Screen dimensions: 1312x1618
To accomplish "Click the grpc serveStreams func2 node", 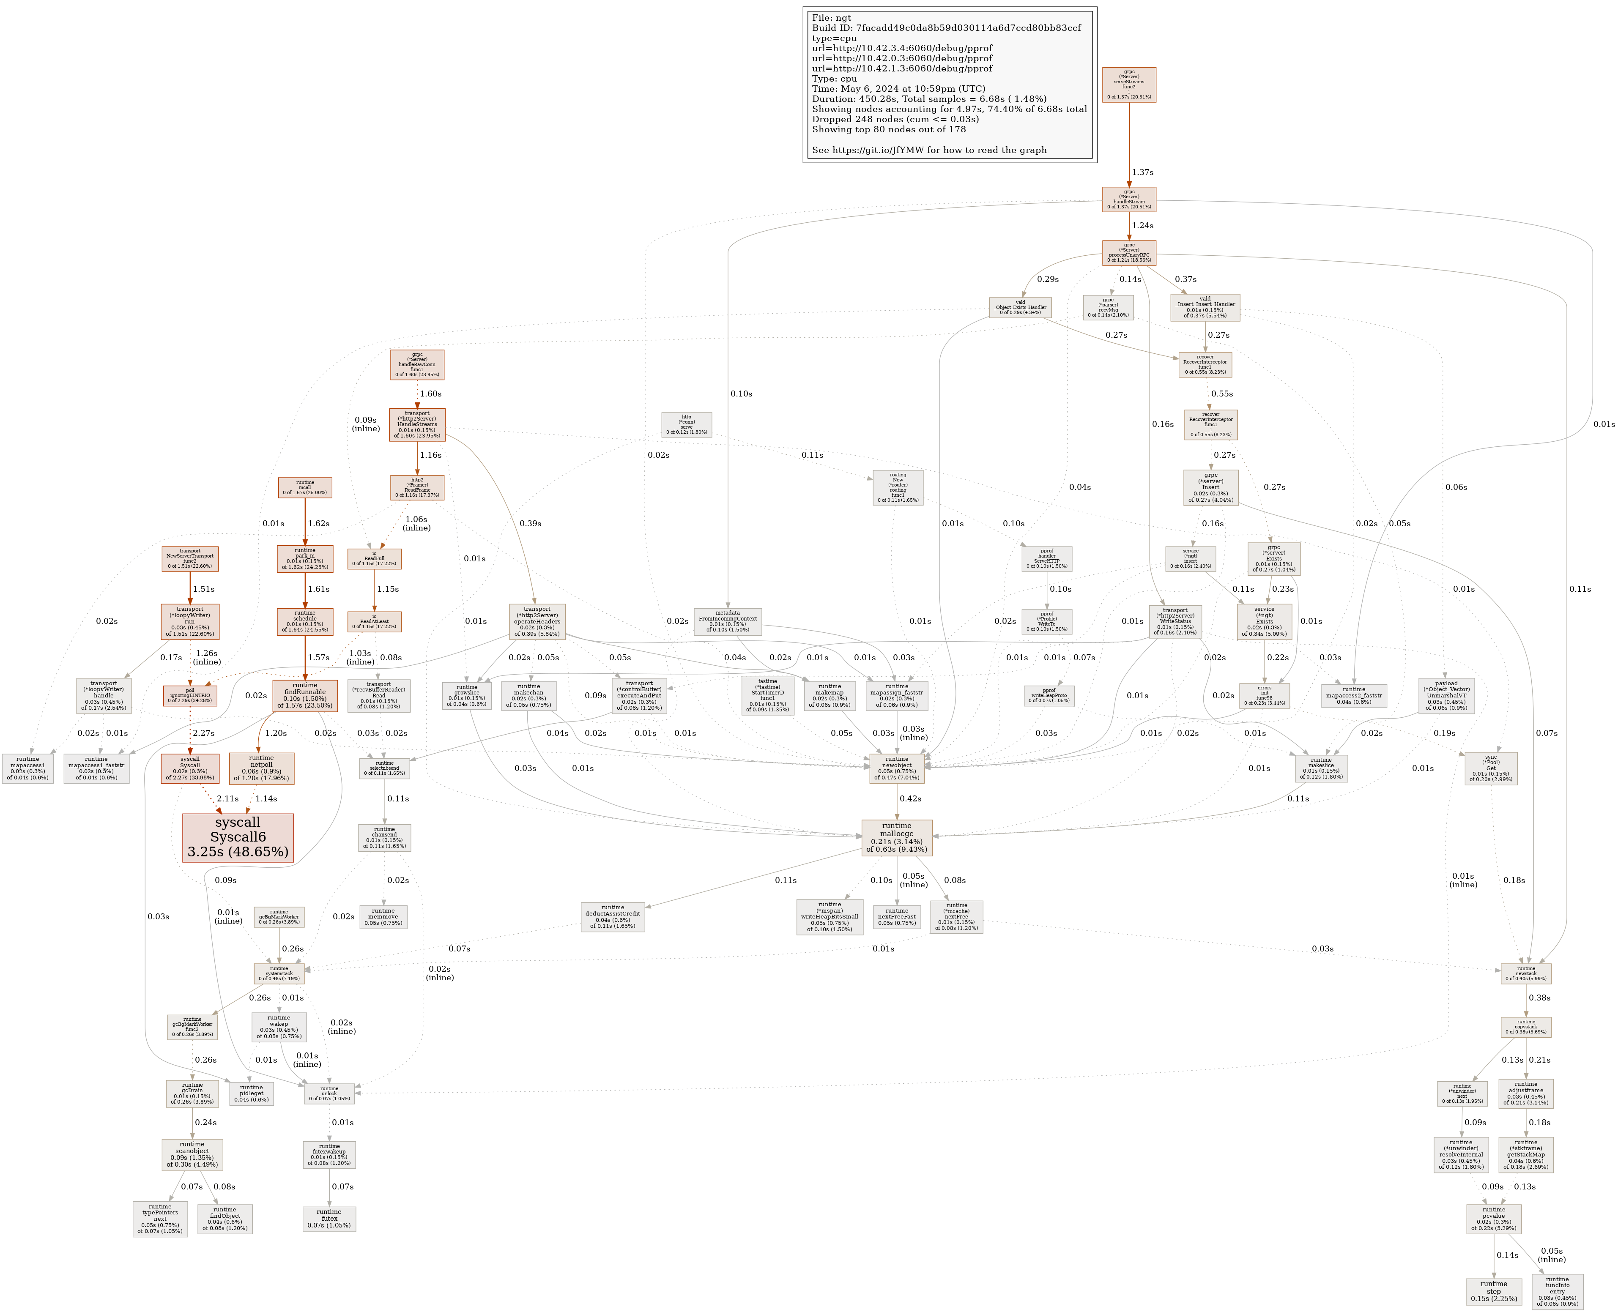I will pyautogui.click(x=1129, y=85).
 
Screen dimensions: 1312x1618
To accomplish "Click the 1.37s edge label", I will pyautogui.click(x=1142, y=172).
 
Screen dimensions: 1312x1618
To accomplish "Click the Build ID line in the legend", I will pyautogui.click(x=946, y=28).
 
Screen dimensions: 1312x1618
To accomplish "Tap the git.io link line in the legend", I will pyautogui.click(x=929, y=150).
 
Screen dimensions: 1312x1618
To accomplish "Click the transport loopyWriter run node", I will pyautogui.click(x=190, y=620).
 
